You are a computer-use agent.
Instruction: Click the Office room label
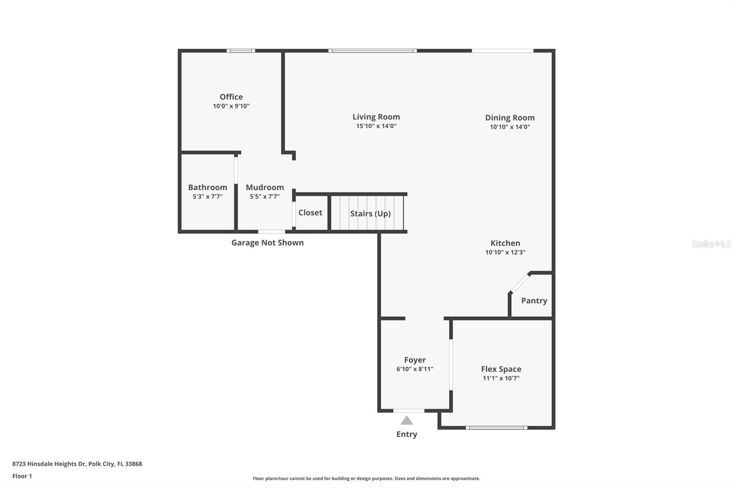[231, 97]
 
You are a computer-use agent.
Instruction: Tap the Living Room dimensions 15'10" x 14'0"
[376, 126]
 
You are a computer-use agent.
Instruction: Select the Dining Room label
[510, 118]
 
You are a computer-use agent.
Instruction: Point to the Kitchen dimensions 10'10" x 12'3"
[505, 252]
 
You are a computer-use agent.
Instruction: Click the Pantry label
[534, 301]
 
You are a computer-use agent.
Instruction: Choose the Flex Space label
[501, 369]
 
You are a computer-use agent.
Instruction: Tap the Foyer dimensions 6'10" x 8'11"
[415, 369]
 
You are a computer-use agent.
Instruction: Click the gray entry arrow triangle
[407, 420]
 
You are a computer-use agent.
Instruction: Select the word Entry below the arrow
[407, 434]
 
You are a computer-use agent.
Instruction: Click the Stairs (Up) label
[370, 213]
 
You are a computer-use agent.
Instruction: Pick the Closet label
[310, 212]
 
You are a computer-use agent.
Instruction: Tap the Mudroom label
[265, 187]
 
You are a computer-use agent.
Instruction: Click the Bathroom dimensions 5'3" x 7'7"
[208, 196]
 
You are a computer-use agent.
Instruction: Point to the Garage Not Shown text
[267, 243]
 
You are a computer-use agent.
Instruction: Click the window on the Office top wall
[241, 51]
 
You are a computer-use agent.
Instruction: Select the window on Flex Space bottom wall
[496, 428]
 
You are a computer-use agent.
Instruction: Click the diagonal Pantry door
[520, 283]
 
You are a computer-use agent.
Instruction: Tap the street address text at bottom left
[77, 464]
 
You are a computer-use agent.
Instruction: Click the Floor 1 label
[22, 476]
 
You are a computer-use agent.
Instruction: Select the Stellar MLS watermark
[711, 244]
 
